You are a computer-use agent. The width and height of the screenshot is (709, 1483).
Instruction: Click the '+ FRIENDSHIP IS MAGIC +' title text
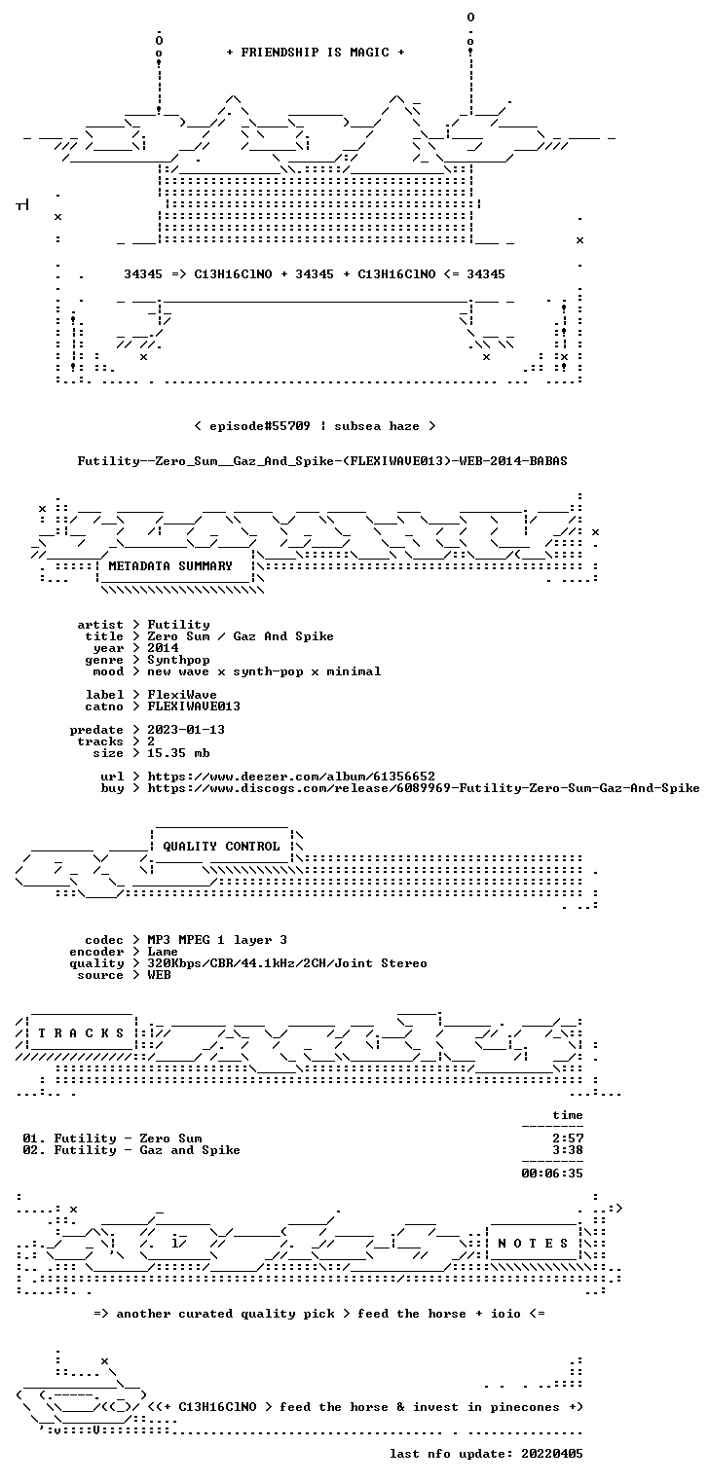pos(316,53)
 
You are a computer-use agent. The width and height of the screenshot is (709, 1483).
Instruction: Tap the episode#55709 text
pos(260,425)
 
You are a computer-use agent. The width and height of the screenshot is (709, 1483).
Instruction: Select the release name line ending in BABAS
pos(322,461)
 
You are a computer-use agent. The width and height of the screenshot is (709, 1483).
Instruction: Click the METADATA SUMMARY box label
pos(170,566)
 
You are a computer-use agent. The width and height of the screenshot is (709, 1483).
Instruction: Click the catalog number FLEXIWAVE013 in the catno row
pos(194,706)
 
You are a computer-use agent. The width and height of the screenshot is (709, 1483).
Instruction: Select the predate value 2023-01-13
pos(186,730)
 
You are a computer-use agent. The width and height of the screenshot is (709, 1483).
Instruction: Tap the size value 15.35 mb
pos(178,753)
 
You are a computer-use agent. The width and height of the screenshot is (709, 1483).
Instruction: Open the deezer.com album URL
pos(291,776)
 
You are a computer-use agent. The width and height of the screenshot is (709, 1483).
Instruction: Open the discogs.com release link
pos(424,788)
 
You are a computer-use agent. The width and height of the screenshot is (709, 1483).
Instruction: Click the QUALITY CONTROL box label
pos(221,846)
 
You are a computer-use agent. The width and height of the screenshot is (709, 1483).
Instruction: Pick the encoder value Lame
pos(163,952)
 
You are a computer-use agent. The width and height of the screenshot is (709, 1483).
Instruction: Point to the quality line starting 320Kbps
pos(287,963)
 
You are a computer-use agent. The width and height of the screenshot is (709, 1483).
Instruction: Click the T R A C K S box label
pos(81,1033)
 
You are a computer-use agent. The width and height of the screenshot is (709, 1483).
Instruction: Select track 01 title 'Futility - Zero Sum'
pos(128,1139)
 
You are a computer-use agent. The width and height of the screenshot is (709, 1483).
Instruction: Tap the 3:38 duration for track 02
pos(568,1150)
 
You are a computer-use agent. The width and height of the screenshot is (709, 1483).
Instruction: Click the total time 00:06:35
pos(552,1174)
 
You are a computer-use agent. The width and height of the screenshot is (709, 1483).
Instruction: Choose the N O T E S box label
pos(533,1244)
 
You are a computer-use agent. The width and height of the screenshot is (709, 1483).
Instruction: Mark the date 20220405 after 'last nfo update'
pos(552,1453)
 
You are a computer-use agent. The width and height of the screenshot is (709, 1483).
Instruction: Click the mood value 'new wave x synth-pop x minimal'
pos(264,671)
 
